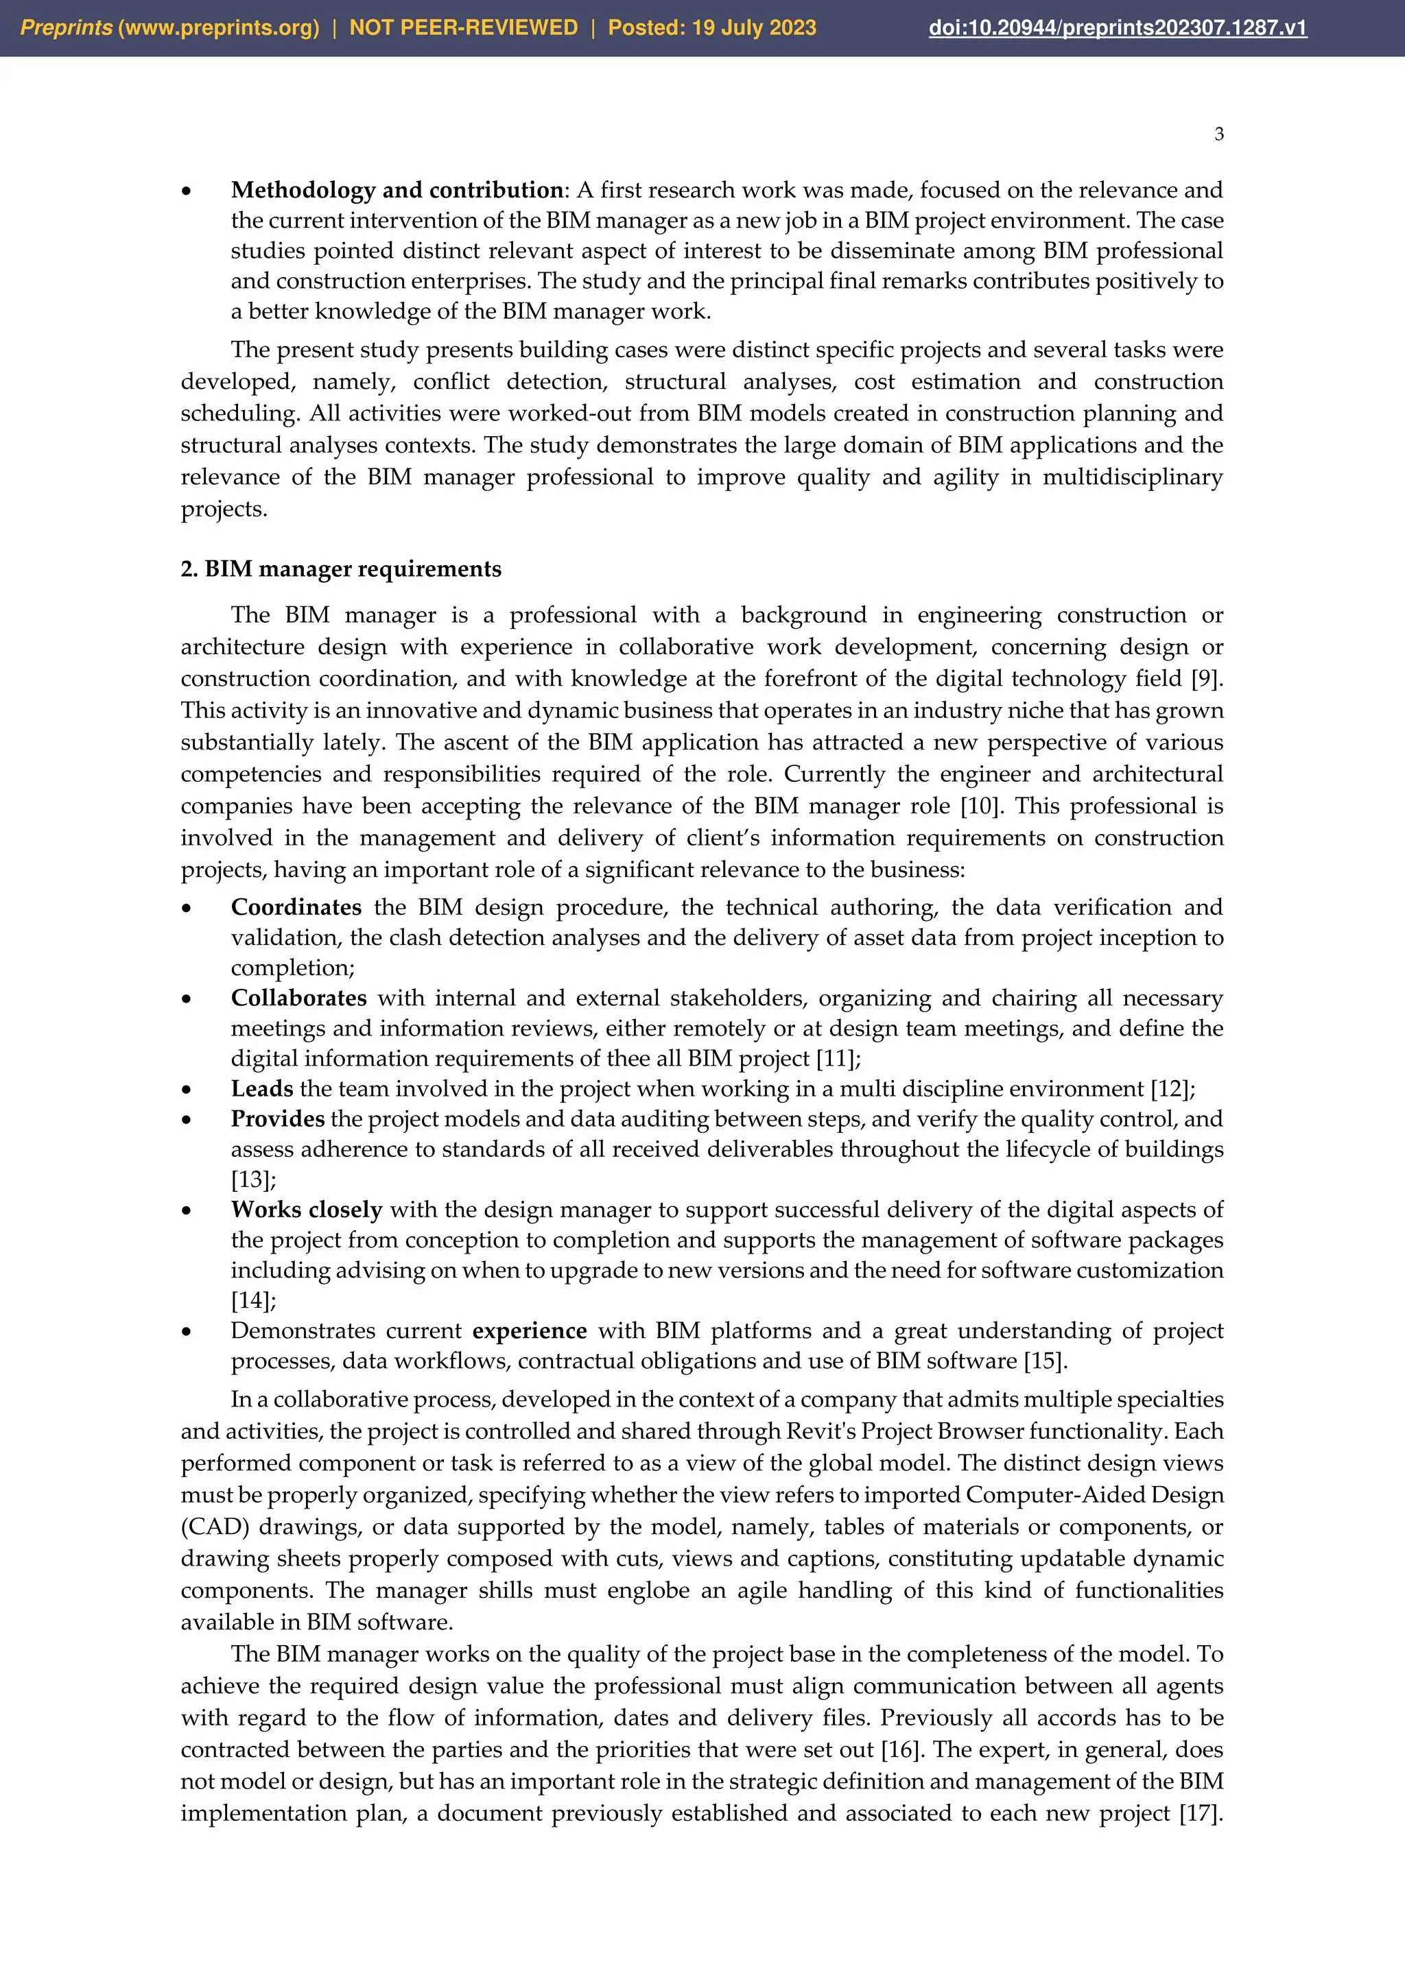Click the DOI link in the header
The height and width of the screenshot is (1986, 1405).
click(x=1117, y=27)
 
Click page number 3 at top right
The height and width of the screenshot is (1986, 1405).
click(x=1218, y=134)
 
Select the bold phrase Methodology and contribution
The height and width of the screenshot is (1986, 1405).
click(x=397, y=190)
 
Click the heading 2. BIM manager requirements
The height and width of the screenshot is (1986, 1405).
click(x=341, y=569)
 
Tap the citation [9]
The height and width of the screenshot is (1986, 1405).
click(x=1206, y=679)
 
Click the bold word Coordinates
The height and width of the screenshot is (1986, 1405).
click(x=296, y=907)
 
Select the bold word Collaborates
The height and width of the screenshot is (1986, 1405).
click(x=298, y=998)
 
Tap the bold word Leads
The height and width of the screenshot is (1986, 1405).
click(x=262, y=1089)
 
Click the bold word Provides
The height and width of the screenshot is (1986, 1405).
click(x=277, y=1119)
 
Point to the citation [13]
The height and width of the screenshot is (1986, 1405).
click(x=251, y=1180)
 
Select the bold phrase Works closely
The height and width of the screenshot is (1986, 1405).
click(x=306, y=1210)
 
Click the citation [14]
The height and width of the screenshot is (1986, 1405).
click(x=251, y=1301)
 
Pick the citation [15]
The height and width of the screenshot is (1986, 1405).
click(x=1043, y=1361)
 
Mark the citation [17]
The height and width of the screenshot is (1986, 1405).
click(x=1199, y=1813)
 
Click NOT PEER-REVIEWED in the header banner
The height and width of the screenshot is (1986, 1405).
click(x=463, y=27)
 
